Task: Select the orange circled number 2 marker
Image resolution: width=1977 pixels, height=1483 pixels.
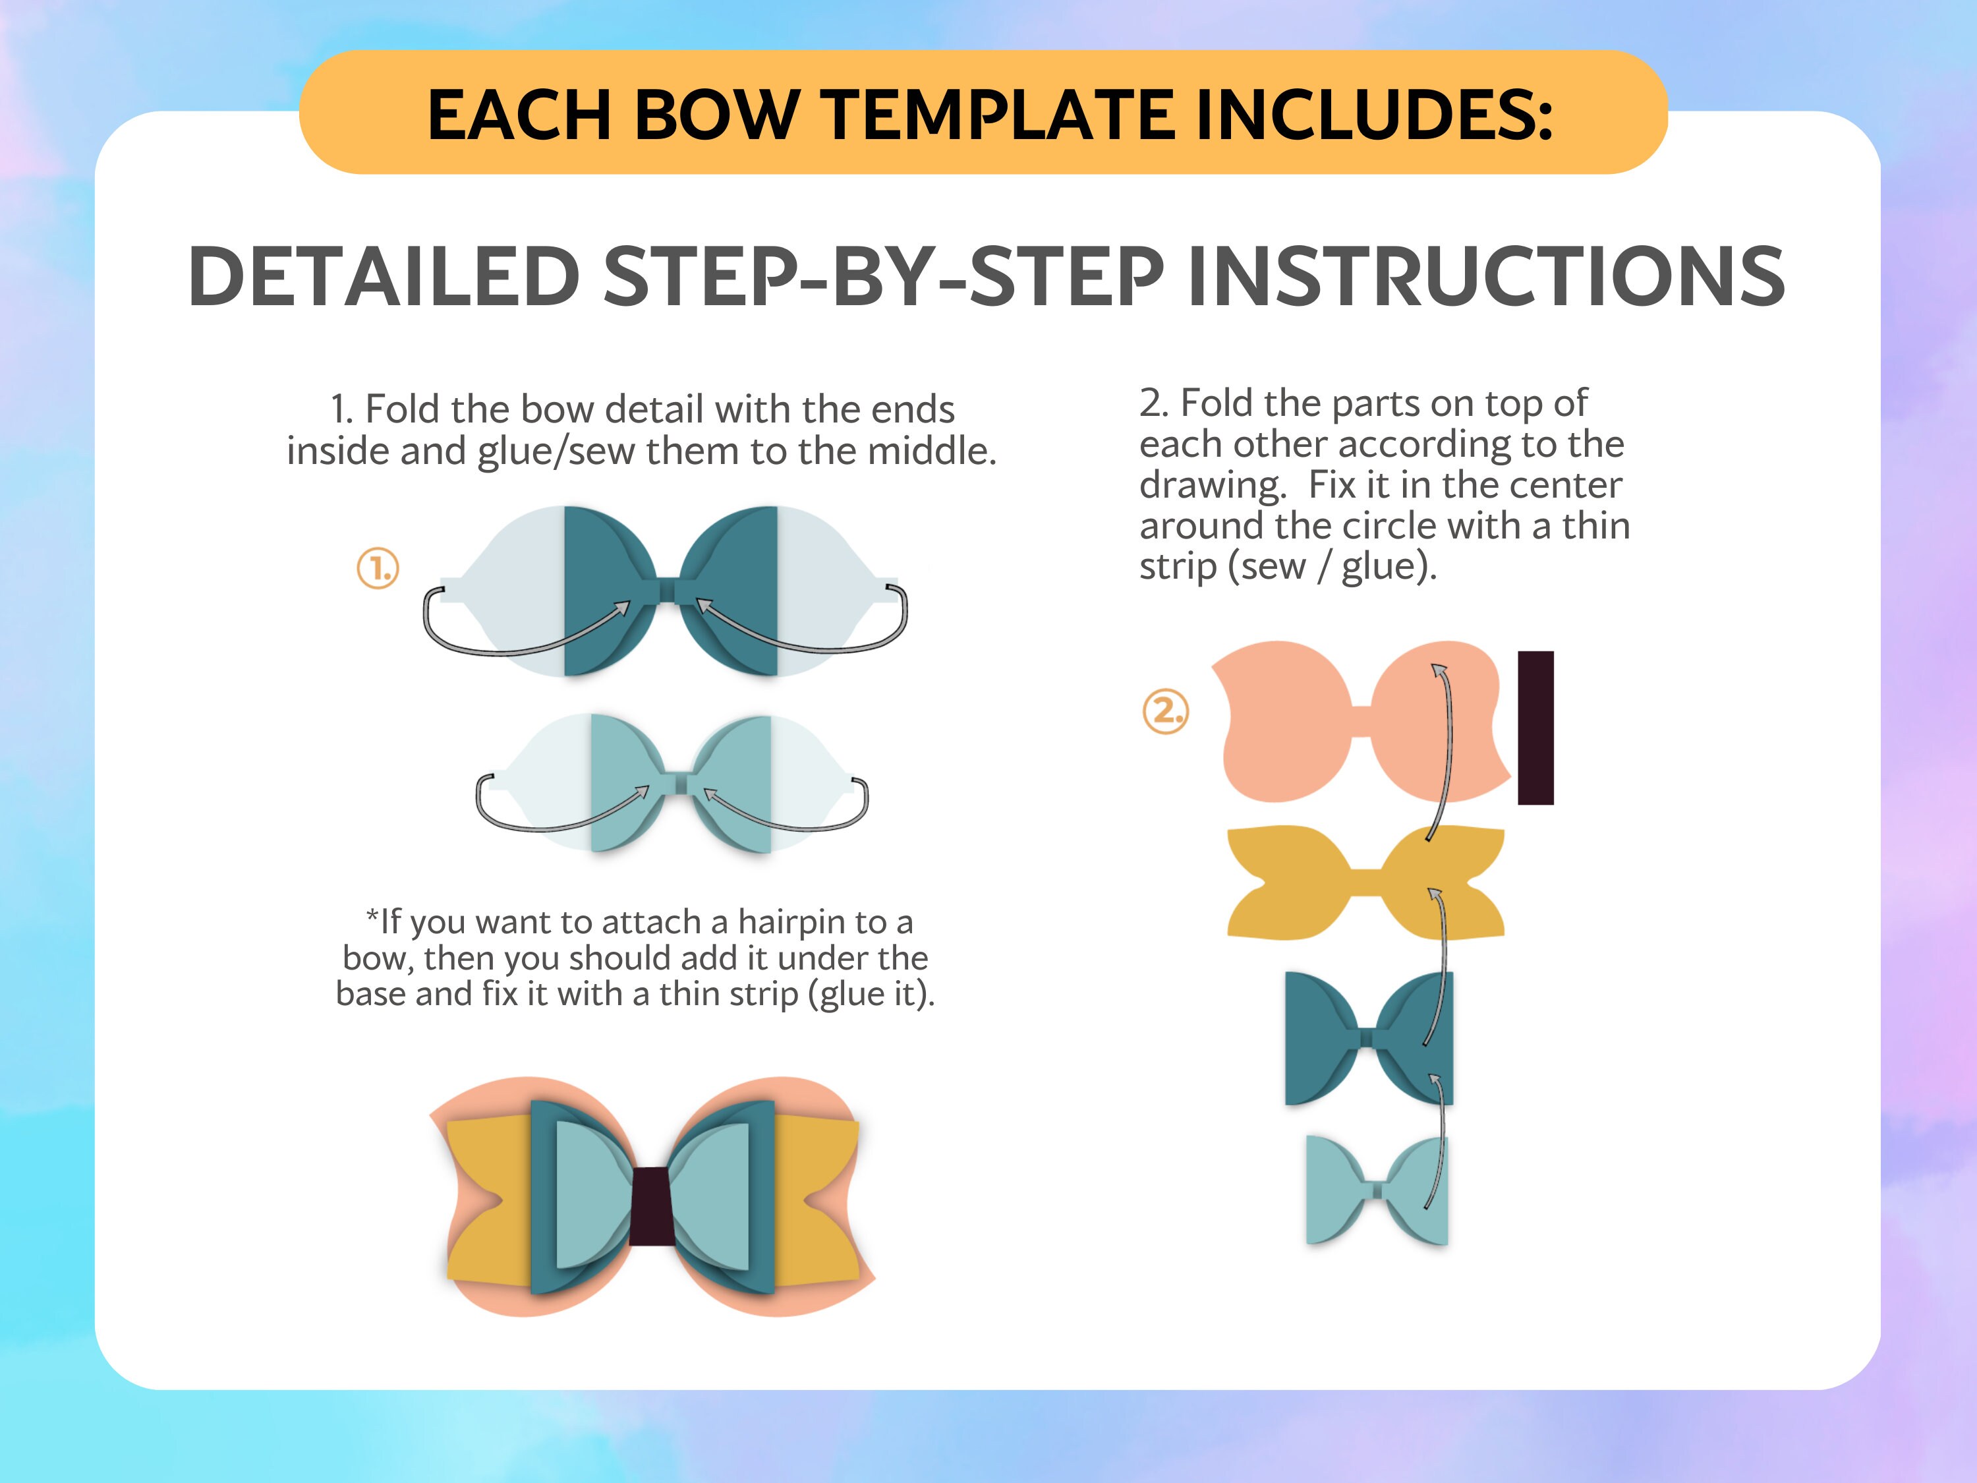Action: (x=1166, y=712)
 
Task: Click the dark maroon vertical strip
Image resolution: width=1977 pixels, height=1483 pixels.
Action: (x=1535, y=728)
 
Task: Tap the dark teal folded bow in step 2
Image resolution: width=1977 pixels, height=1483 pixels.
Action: (x=1323, y=1037)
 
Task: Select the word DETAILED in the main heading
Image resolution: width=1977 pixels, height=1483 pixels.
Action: (x=384, y=276)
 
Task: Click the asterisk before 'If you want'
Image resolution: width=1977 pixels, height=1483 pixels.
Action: (x=372, y=917)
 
